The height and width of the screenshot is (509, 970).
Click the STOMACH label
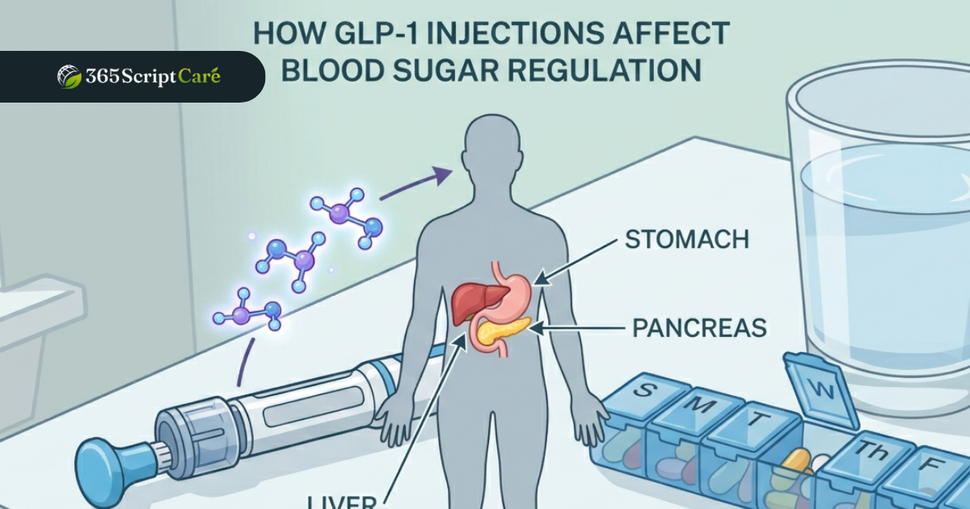pos(686,240)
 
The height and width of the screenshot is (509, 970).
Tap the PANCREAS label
pos(699,328)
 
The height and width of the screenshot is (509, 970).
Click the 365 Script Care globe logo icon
pos(69,77)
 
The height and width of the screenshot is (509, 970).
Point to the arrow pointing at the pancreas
pos(582,328)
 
